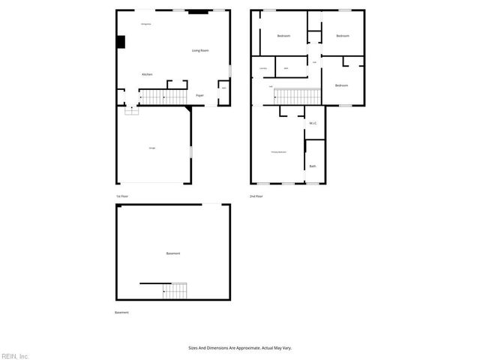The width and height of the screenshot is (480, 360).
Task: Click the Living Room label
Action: pos(199,50)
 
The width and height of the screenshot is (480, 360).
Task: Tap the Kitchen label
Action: pos(148,74)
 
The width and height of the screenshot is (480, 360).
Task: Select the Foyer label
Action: pos(199,95)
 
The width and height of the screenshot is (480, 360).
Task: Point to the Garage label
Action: pos(152,148)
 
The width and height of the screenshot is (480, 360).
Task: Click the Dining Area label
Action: pos(146,24)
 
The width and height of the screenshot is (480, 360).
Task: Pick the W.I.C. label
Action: pos(313,123)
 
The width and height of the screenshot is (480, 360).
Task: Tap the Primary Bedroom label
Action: pos(278,152)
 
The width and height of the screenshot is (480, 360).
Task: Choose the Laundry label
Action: pos(262,69)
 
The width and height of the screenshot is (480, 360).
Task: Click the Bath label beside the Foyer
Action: pos(223,88)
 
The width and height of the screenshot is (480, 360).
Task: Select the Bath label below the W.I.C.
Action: pos(313,166)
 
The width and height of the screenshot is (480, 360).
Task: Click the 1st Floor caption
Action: pos(121,196)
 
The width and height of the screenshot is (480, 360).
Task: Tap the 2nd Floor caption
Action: pos(256,196)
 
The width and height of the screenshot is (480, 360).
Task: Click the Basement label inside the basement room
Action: pos(173,253)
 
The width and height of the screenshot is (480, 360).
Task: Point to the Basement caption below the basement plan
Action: pos(121,312)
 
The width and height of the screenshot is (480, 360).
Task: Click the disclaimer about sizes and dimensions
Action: pos(239,348)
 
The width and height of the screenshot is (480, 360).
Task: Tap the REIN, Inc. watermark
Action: pos(15,355)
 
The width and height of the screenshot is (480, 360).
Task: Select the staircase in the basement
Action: pos(175,291)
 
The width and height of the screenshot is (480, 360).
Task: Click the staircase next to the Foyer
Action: pos(163,97)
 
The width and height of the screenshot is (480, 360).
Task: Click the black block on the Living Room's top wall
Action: pos(198,12)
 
